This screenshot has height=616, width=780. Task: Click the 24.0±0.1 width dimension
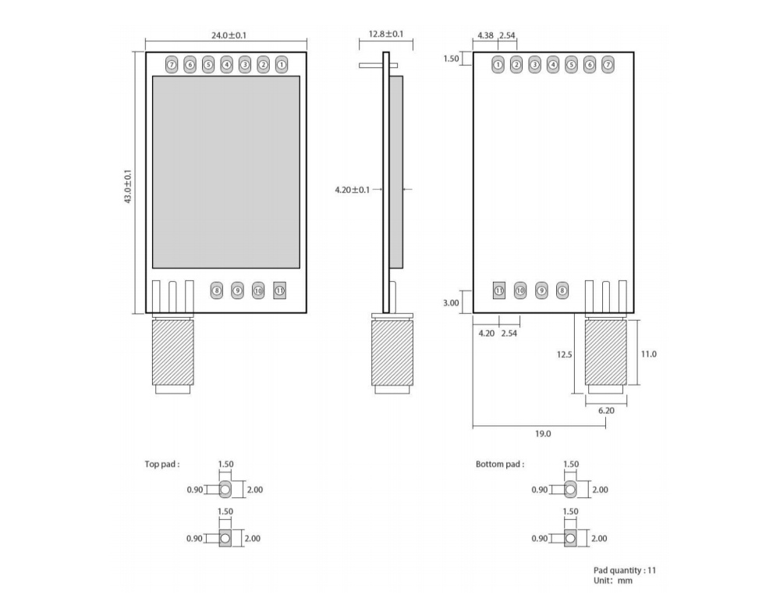tap(229, 35)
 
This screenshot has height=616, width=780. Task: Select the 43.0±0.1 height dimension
tap(129, 187)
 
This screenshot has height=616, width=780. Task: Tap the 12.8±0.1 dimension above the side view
tap(386, 34)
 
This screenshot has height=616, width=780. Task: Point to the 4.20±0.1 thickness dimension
tap(353, 190)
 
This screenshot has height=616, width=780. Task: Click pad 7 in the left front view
tap(172, 65)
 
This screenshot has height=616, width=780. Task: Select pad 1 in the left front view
tap(282, 65)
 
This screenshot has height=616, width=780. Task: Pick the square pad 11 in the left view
tap(279, 290)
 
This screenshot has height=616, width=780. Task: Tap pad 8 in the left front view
tap(216, 290)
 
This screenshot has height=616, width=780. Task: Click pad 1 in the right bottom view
tap(498, 65)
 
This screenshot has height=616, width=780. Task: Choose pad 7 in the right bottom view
tap(608, 65)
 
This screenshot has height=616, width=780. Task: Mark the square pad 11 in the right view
tap(499, 290)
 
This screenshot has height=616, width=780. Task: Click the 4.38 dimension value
tap(485, 35)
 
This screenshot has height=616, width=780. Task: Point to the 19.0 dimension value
tap(543, 434)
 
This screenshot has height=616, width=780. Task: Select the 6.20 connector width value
tap(606, 411)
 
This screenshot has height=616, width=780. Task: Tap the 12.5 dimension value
tap(564, 354)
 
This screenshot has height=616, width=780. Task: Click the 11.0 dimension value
tap(649, 354)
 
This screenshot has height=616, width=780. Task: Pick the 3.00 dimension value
tap(451, 303)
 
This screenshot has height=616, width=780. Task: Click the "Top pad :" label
tap(162, 464)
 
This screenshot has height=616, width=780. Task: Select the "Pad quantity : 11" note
tap(625, 570)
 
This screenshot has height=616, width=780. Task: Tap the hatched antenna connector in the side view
tap(392, 353)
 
